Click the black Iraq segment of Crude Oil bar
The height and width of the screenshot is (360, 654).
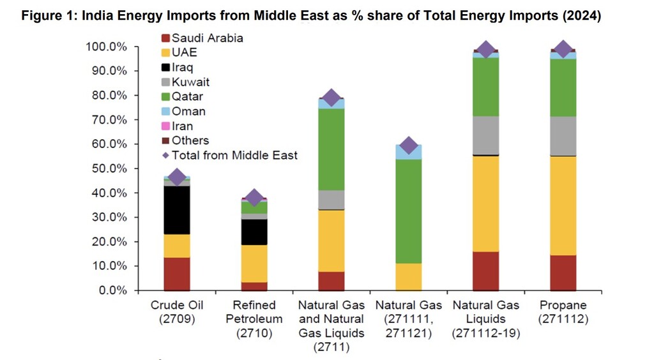coord(177,210)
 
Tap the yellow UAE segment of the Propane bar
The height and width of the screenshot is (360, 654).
coord(563,206)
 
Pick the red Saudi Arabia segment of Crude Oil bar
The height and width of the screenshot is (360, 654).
coord(177,274)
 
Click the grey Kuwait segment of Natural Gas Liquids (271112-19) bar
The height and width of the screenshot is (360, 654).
coord(486,135)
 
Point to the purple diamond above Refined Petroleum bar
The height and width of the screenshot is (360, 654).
coord(254,198)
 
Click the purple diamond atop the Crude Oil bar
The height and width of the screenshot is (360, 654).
coord(177,177)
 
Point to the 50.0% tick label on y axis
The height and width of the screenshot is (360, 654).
coord(107,169)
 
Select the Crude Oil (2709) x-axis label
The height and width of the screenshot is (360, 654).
coord(177,311)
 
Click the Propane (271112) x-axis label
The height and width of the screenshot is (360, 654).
coord(563,311)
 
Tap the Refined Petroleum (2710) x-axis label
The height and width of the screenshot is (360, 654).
coord(254,319)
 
